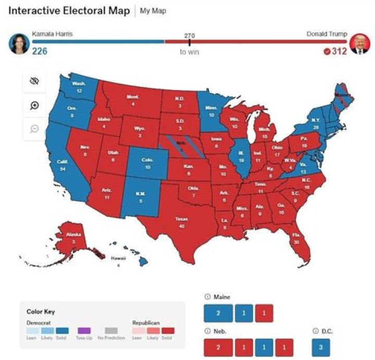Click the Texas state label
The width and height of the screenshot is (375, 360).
click(182, 222)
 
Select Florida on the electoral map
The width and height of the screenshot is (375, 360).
click(296, 239)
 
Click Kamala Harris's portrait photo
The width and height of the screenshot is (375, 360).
click(19, 44)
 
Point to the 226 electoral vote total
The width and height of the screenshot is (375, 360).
click(40, 51)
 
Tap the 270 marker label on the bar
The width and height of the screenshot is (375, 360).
click(190, 35)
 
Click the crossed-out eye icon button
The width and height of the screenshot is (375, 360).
click(35, 81)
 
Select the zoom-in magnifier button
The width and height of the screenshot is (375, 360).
click(35, 105)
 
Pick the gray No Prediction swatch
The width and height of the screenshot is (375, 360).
click(111, 331)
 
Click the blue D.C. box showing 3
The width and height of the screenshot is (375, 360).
click(321, 347)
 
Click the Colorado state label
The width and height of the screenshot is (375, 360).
click(147, 163)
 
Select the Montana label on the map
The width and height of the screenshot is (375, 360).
click(133, 101)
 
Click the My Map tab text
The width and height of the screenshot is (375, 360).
click(153, 11)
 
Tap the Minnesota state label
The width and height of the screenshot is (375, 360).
click(211, 111)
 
